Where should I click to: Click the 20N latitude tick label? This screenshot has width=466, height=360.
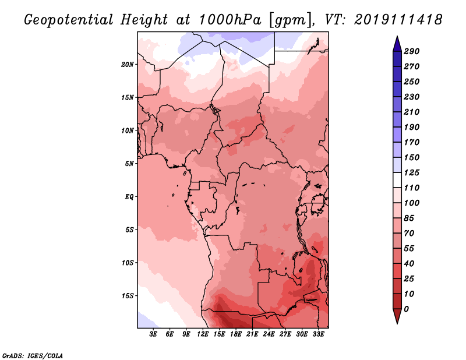(x=128, y=65)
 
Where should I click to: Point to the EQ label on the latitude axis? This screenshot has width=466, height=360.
(x=129, y=197)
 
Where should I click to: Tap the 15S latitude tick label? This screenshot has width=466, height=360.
(x=128, y=296)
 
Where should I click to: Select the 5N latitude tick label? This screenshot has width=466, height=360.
(x=129, y=164)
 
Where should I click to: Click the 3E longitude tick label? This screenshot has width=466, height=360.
(x=153, y=334)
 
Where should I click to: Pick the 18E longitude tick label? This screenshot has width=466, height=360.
(x=236, y=334)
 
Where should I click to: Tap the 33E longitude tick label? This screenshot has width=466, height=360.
(x=318, y=334)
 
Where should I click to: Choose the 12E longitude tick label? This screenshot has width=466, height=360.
(x=203, y=334)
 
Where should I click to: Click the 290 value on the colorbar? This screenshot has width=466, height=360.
(x=412, y=51)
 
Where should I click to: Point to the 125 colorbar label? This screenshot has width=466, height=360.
(x=412, y=172)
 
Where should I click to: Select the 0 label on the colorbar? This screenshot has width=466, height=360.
(x=406, y=309)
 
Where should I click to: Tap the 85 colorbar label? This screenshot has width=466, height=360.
(x=409, y=218)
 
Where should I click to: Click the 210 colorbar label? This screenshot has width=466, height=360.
(x=412, y=112)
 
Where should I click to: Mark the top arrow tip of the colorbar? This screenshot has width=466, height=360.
(x=397, y=36)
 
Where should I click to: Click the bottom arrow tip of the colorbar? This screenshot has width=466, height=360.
(x=397, y=324)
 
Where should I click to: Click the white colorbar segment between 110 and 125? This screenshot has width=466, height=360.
(x=397, y=180)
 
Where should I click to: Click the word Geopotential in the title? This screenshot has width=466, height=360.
(x=69, y=20)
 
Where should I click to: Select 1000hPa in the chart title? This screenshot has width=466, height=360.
(x=230, y=20)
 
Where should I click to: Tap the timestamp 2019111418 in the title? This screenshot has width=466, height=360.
(x=398, y=20)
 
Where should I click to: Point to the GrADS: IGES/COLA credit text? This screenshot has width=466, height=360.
(x=33, y=356)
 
